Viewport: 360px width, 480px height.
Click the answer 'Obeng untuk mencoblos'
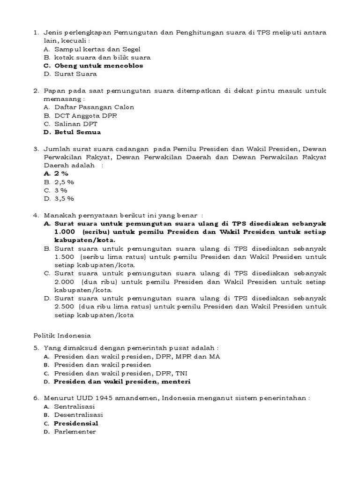coord(98,66)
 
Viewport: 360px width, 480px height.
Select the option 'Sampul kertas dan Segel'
coord(97,49)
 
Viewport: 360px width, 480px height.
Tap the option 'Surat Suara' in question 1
coord(75,74)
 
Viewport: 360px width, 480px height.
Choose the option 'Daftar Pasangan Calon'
coord(94,107)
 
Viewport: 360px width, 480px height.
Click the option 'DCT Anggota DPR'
coord(86,115)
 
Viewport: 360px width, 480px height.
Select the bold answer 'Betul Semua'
coord(77,132)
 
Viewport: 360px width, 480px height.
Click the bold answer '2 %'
coord(61,173)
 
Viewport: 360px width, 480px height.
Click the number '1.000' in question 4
coord(65,232)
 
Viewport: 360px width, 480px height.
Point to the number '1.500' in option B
coord(65,257)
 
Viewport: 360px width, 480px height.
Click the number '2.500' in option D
coord(65,307)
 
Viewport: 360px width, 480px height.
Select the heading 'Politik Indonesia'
coord(62,336)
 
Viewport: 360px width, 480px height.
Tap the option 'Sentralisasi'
coord(74,406)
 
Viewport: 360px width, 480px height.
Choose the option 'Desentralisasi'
coord(78,415)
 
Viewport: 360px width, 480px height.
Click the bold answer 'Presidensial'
coord(76,423)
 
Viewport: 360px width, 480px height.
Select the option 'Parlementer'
coord(75,432)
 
